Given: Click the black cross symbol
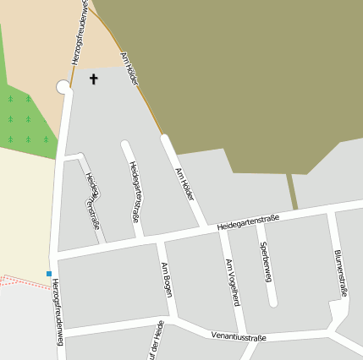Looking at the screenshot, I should coord(93,79).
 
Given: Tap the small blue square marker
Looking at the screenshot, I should coord(49,273).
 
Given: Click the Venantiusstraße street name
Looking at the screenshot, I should coord(239,336).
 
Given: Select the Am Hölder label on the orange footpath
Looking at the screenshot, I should coord(129,67).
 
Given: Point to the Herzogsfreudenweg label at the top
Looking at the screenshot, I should coord(78,32).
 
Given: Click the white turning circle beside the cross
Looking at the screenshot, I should coord(63,86).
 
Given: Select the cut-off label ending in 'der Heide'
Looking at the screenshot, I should coord(157,340).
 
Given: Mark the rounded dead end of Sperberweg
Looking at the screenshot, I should coord(272,301).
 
